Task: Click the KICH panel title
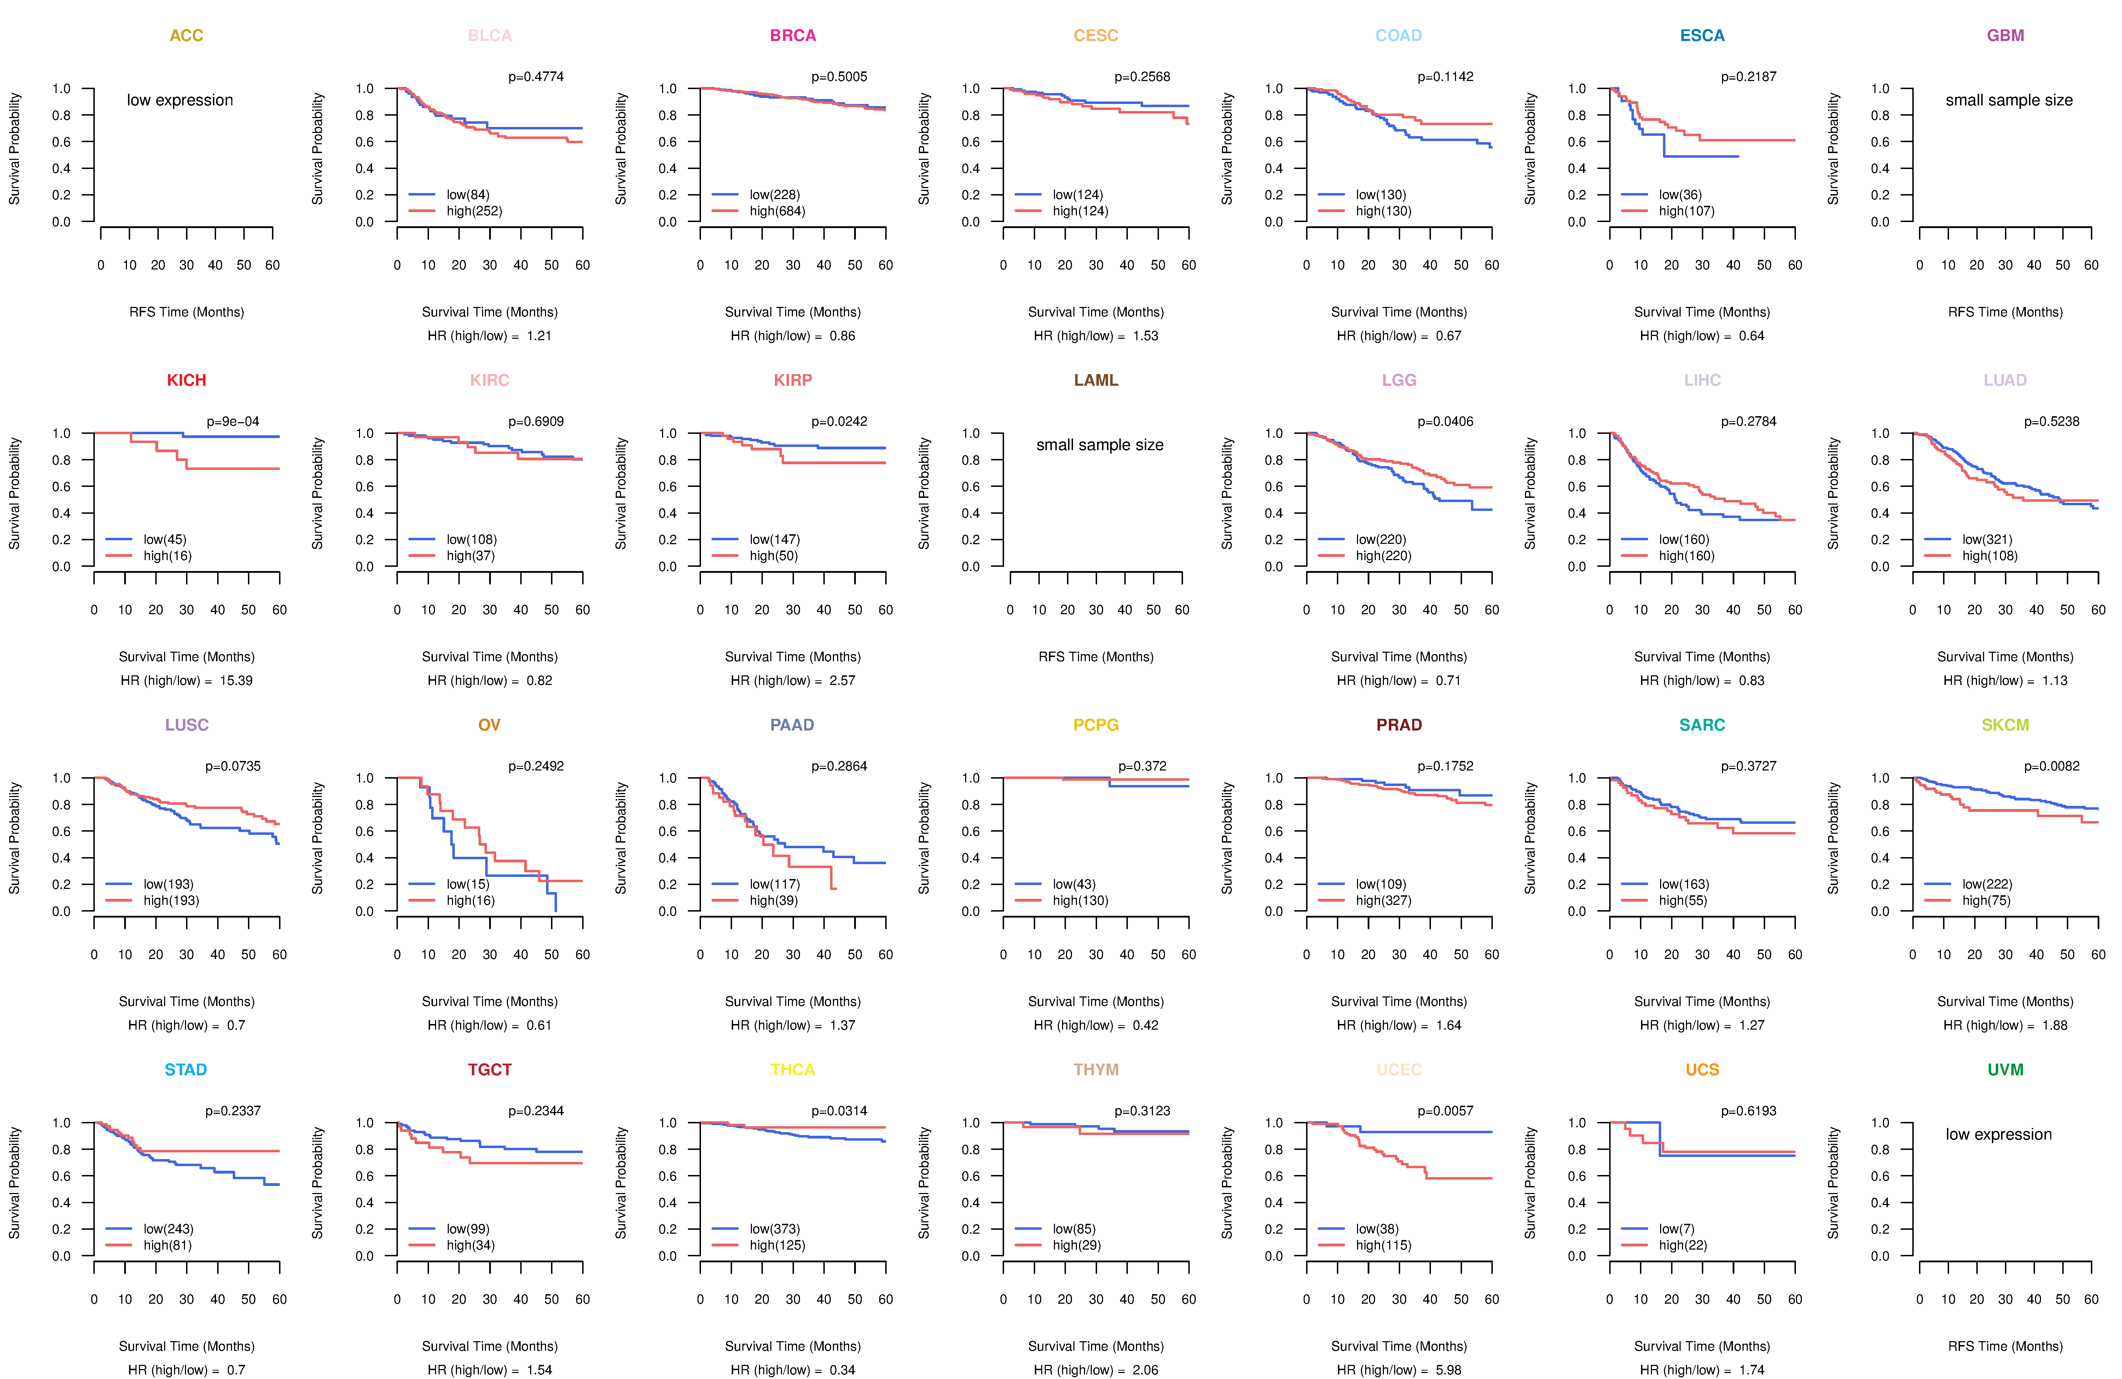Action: coord(186,380)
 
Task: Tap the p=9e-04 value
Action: coord(233,421)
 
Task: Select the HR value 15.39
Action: coord(236,681)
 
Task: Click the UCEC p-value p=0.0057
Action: coord(1445,1112)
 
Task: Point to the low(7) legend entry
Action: coord(1676,1229)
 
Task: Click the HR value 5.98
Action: coord(1449,1370)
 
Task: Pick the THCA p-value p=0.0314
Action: coord(839,1112)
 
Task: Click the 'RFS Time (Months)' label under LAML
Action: coord(1096,657)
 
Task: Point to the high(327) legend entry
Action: coord(1383,901)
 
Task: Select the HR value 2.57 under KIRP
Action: coord(842,681)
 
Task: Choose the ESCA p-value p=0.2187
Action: coord(1749,77)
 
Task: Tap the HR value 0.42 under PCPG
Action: coord(1146,1026)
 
